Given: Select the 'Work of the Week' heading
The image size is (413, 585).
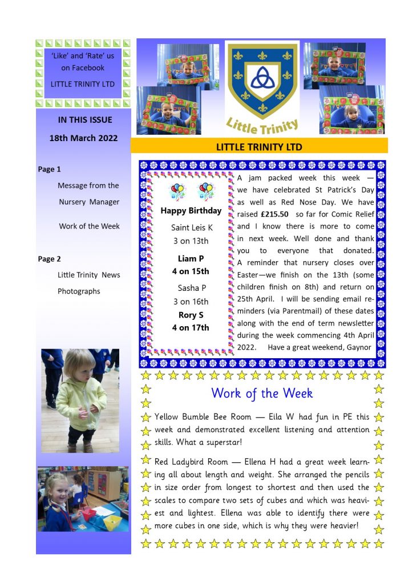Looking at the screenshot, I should (x=262, y=393).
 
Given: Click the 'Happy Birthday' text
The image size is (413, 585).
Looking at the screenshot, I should (x=191, y=211).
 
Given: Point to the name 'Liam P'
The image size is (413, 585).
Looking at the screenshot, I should (x=191, y=258).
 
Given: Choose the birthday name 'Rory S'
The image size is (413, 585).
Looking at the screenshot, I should (x=191, y=315).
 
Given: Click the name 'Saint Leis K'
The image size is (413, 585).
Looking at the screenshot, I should (x=192, y=227).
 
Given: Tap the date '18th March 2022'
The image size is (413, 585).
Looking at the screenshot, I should (x=83, y=138).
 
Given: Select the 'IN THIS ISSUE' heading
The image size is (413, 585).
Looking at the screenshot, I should (x=85, y=119).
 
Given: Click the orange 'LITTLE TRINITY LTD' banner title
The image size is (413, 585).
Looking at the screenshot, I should (x=259, y=147).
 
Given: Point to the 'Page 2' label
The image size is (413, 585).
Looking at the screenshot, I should (x=49, y=259).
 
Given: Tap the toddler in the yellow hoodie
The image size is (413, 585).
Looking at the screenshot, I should (x=80, y=394).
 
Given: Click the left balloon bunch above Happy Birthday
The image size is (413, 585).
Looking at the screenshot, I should (x=177, y=191).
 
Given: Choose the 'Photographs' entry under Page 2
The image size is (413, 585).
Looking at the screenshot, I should (x=79, y=291).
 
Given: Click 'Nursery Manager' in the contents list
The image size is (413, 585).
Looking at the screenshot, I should (x=89, y=202).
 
